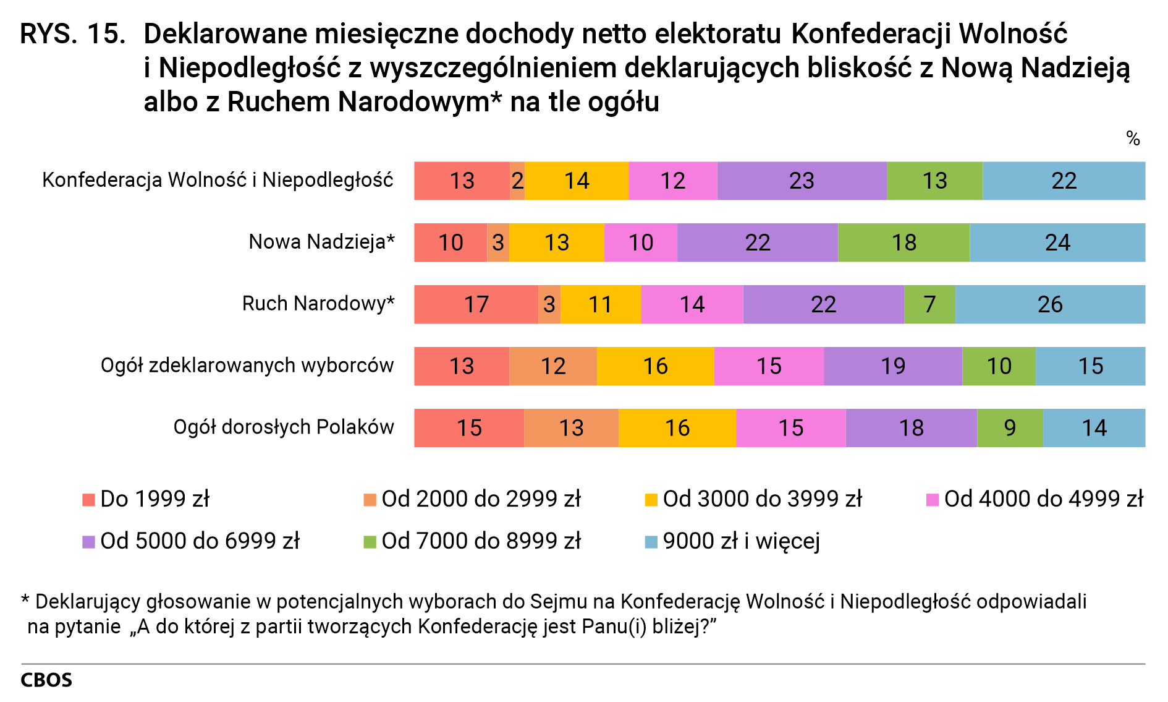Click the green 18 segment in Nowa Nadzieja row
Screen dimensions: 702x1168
click(904, 242)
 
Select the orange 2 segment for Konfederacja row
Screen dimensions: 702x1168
click(517, 181)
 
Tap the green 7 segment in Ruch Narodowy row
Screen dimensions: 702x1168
click(929, 304)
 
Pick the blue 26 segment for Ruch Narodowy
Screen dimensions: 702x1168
click(1049, 304)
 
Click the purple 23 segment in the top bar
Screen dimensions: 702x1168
click(802, 181)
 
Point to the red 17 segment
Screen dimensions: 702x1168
click(476, 304)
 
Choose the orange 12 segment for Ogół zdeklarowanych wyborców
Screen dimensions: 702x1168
click(553, 366)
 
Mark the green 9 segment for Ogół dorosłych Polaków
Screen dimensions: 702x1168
click(1010, 428)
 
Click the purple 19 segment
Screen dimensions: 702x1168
click(893, 366)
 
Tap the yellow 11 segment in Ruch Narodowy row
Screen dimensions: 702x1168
click(600, 304)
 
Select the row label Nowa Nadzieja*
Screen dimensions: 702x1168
click(321, 242)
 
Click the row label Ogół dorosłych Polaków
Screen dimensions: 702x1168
click(284, 427)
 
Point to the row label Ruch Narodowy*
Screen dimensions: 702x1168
click(318, 304)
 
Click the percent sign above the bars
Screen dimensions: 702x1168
click(1133, 139)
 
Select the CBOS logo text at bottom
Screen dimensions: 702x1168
click(46, 680)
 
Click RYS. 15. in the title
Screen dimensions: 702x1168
click(73, 35)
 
